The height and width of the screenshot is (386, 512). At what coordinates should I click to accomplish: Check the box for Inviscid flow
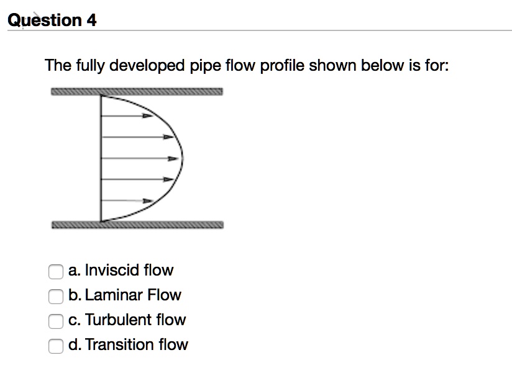(x=55, y=271)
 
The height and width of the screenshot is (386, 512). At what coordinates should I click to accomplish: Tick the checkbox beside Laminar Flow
(x=55, y=295)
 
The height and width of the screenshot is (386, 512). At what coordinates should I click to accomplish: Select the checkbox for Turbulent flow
(x=55, y=320)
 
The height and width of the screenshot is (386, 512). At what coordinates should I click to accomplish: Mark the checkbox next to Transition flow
(x=55, y=345)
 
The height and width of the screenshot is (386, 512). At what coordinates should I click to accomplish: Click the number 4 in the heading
(x=91, y=20)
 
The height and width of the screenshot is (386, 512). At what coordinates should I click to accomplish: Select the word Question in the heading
(x=44, y=20)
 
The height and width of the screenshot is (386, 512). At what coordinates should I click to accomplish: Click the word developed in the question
(x=152, y=65)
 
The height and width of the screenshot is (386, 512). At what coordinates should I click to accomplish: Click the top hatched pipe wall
(x=137, y=92)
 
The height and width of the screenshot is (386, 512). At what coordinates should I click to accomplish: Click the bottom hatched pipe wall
(x=137, y=225)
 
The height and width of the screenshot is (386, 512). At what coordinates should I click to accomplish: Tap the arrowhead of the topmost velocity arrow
(x=147, y=115)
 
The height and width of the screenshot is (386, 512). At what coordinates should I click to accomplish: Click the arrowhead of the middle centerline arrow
(x=176, y=158)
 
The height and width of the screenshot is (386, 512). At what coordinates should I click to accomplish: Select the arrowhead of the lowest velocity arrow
(x=147, y=201)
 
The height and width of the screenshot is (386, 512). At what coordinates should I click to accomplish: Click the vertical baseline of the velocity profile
(x=101, y=158)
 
